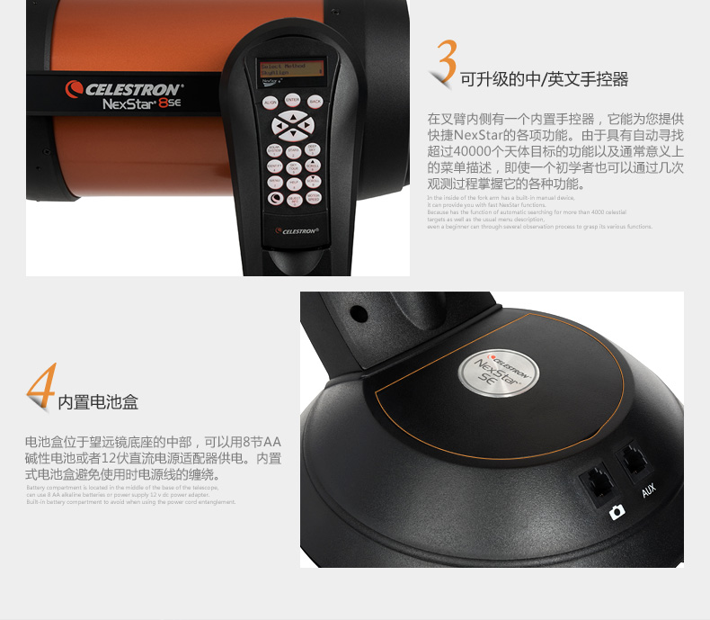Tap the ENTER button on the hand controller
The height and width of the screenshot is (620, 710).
click(x=292, y=100)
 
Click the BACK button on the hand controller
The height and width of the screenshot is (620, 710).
click(x=315, y=102)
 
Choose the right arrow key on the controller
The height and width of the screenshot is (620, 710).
click(x=306, y=125)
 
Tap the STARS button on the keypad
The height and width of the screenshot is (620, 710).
click(x=293, y=151)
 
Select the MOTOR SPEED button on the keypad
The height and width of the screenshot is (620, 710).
click(x=314, y=198)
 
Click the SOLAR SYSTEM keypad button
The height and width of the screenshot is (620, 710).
click(x=274, y=150)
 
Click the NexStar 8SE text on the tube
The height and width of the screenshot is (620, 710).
click(x=142, y=104)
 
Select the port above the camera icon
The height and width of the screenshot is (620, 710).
click(x=596, y=480)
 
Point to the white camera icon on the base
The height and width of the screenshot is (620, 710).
click(x=617, y=512)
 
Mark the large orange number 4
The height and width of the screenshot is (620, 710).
click(x=40, y=388)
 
